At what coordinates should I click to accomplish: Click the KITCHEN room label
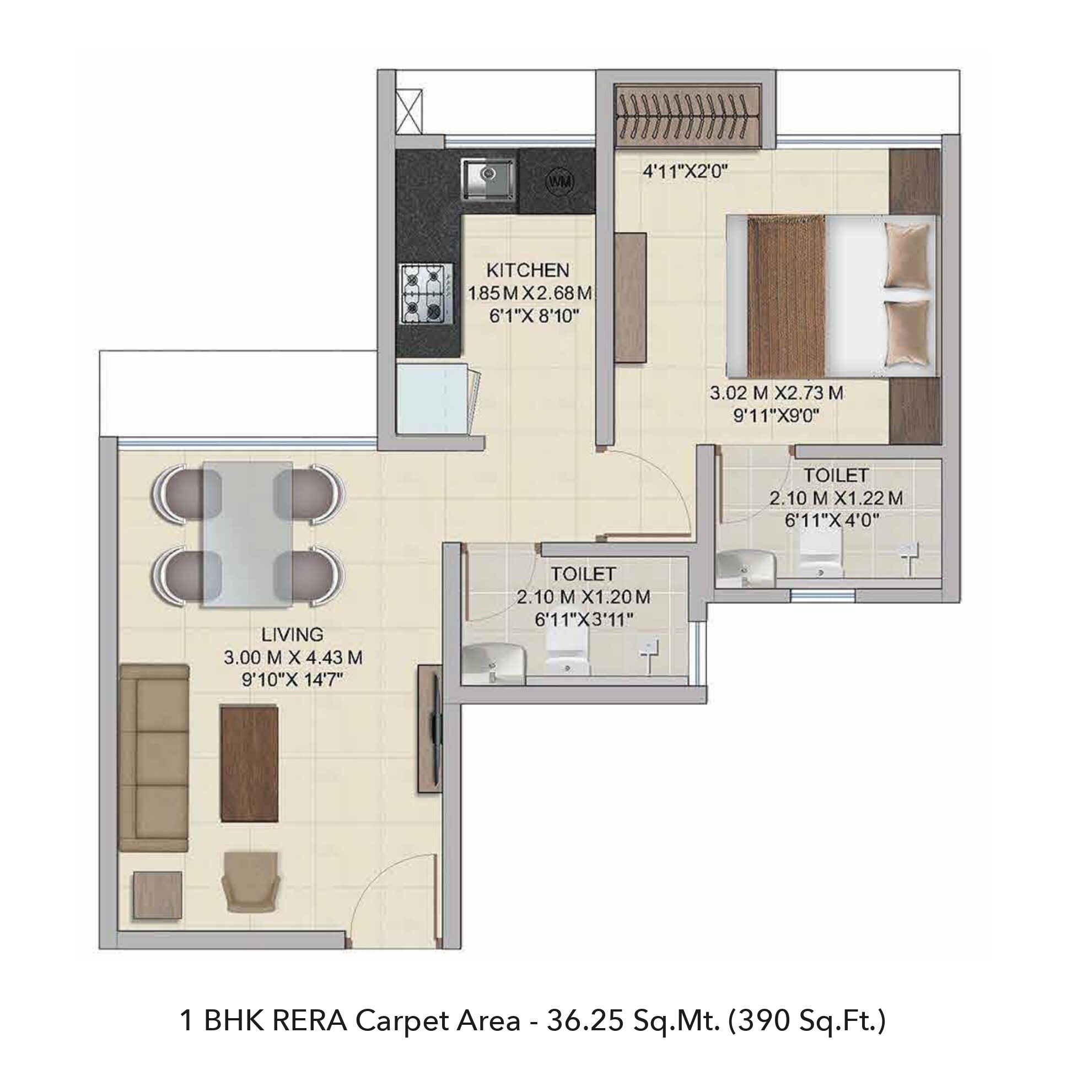tap(527, 270)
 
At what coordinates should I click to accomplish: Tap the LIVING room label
tap(293, 634)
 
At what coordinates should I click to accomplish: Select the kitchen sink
tap(488, 178)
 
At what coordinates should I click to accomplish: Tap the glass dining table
tap(247, 535)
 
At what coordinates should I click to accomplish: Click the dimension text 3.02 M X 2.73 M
tap(776, 393)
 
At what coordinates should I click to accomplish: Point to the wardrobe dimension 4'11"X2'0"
tap(686, 172)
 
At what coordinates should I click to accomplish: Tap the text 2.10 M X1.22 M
tap(836, 498)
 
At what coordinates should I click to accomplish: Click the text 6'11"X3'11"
tap(583, 620)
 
